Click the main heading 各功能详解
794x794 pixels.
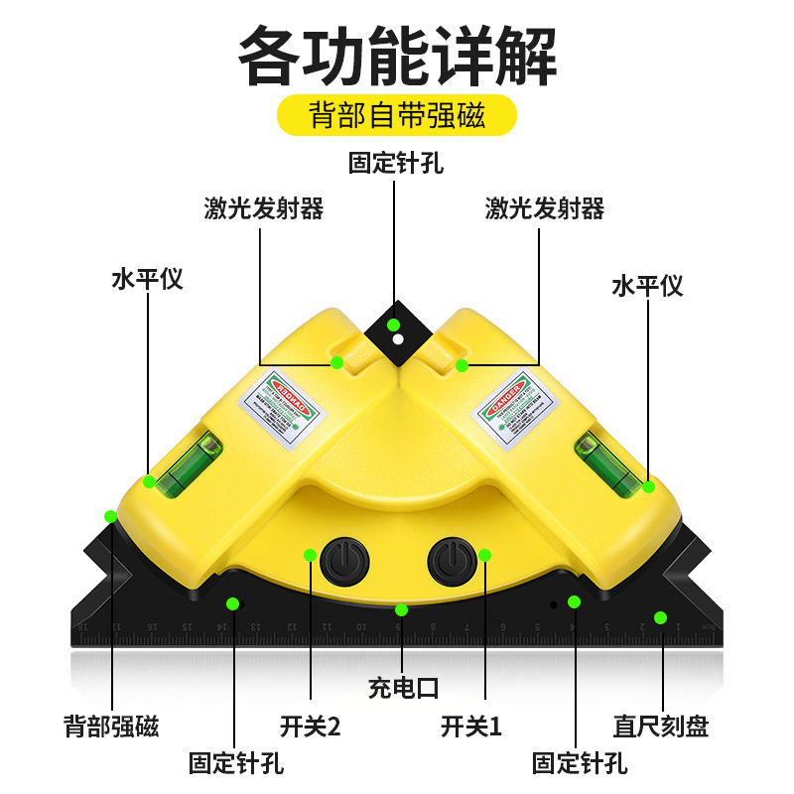[397, 58]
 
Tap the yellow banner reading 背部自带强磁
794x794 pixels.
[397, 115]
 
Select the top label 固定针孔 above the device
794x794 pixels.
[395, 163]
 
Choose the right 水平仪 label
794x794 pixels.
[647, 286]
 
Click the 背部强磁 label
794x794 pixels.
[111, 726]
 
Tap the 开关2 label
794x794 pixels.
[310, 726]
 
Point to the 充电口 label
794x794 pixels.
[402, 687]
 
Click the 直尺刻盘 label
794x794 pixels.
[661, 726]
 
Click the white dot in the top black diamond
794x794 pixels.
[397, 339]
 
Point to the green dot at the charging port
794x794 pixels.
[401, 609]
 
